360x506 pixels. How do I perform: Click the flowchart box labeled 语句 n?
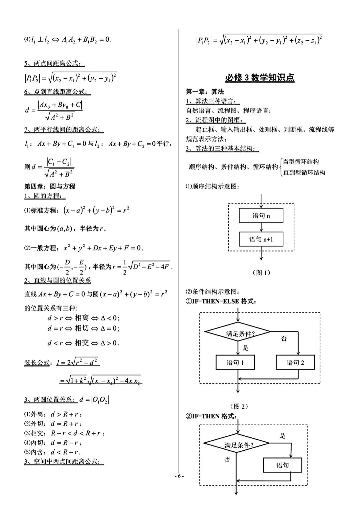261,216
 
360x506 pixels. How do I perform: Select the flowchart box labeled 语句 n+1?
261,239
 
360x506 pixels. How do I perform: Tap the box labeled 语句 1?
235,362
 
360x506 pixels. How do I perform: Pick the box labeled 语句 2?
295,362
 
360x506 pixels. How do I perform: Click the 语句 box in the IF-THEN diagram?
283,465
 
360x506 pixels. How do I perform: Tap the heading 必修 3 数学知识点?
260,78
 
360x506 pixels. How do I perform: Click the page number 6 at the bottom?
179,476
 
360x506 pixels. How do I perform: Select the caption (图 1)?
261,272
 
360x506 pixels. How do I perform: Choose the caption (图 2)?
239,406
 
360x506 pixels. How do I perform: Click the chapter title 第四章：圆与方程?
50,186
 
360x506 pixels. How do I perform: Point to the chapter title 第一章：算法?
205,92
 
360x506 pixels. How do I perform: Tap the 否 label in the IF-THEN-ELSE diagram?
284,338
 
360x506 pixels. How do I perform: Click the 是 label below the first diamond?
246,348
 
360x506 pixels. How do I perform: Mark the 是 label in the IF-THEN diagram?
282,436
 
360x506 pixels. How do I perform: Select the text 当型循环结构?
301,162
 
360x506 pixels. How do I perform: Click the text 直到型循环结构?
304,173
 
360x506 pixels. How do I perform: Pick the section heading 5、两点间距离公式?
54,63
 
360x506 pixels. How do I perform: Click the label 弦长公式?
37,363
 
